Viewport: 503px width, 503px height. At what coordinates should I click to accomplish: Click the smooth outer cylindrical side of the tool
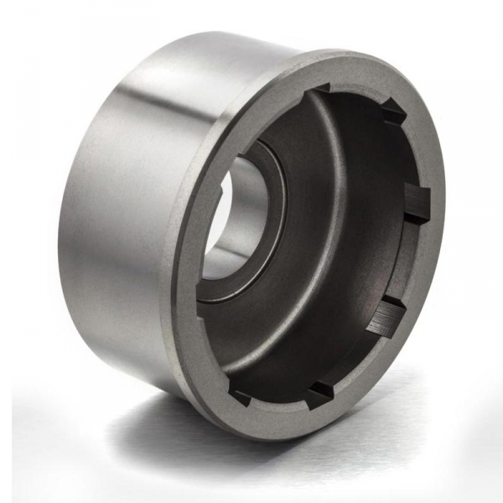pos(117,210)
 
